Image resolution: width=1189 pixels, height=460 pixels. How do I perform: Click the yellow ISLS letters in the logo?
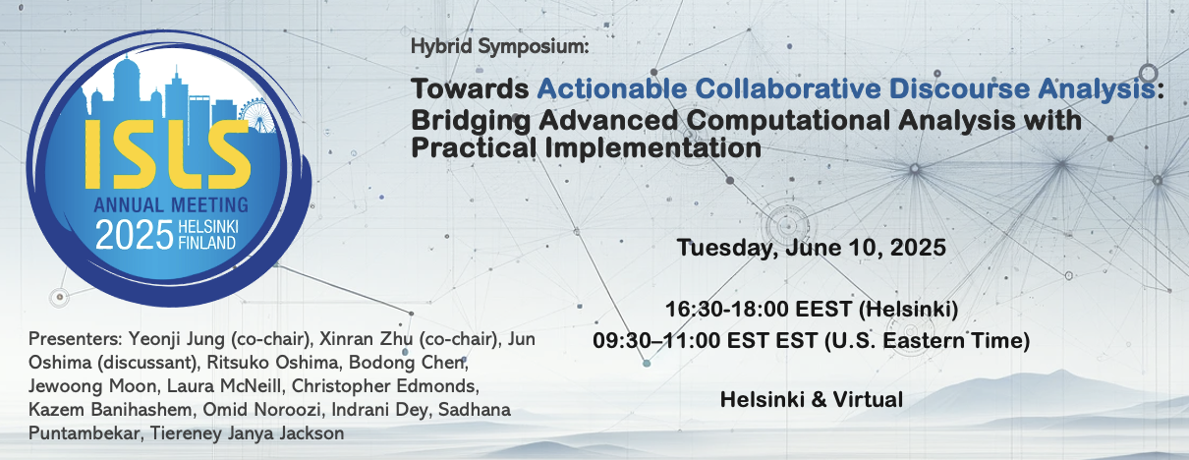(168, 154)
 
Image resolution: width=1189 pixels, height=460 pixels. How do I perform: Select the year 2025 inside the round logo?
(135, 235)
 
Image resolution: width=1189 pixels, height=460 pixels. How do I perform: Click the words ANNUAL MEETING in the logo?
(171, 205)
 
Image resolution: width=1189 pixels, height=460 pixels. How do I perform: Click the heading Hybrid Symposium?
(500, 46)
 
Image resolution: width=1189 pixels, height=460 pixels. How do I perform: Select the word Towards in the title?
(470, 88)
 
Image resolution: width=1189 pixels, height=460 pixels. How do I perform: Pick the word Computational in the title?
(788, 120)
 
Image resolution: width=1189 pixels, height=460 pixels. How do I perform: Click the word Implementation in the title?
(652, 147)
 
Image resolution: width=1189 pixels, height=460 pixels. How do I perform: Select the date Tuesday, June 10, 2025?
(811, 248)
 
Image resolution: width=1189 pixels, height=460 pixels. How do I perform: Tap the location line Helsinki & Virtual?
(811, 399)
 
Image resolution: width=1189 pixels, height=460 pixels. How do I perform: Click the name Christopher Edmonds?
(385, 385)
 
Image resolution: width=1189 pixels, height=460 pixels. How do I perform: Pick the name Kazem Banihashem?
(110, 410)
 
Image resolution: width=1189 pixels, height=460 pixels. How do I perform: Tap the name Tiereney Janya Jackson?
(247, 432)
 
